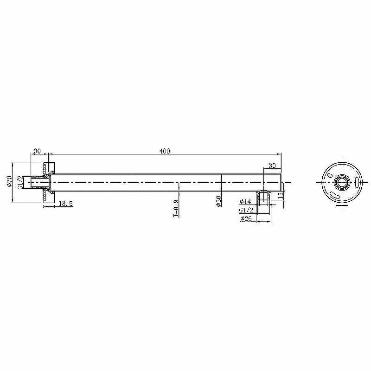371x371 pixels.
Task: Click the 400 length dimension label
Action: pyautogui.click(x=165, y=151)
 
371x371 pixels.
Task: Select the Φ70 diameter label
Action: pyautogui.click(x=9, y=181)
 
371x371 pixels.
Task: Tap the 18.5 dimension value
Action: pyautogui.click(x=65, y=204)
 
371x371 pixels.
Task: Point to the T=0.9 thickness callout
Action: pyautogui.click(x=176, y=208)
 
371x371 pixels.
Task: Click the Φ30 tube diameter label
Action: pyautogui.click(x=219, y=201)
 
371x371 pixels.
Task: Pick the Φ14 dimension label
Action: pyautogui.click(x=245, y=202)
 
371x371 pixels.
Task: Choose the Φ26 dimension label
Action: pyautogui.click(x=246, y=218)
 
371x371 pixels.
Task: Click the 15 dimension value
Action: pyautogui.click(x=281, y=195)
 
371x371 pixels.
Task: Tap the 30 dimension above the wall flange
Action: pyautogui.click(x=37, y=151)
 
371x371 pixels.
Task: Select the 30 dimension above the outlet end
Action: pyautogui.click(x=272, y=166)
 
